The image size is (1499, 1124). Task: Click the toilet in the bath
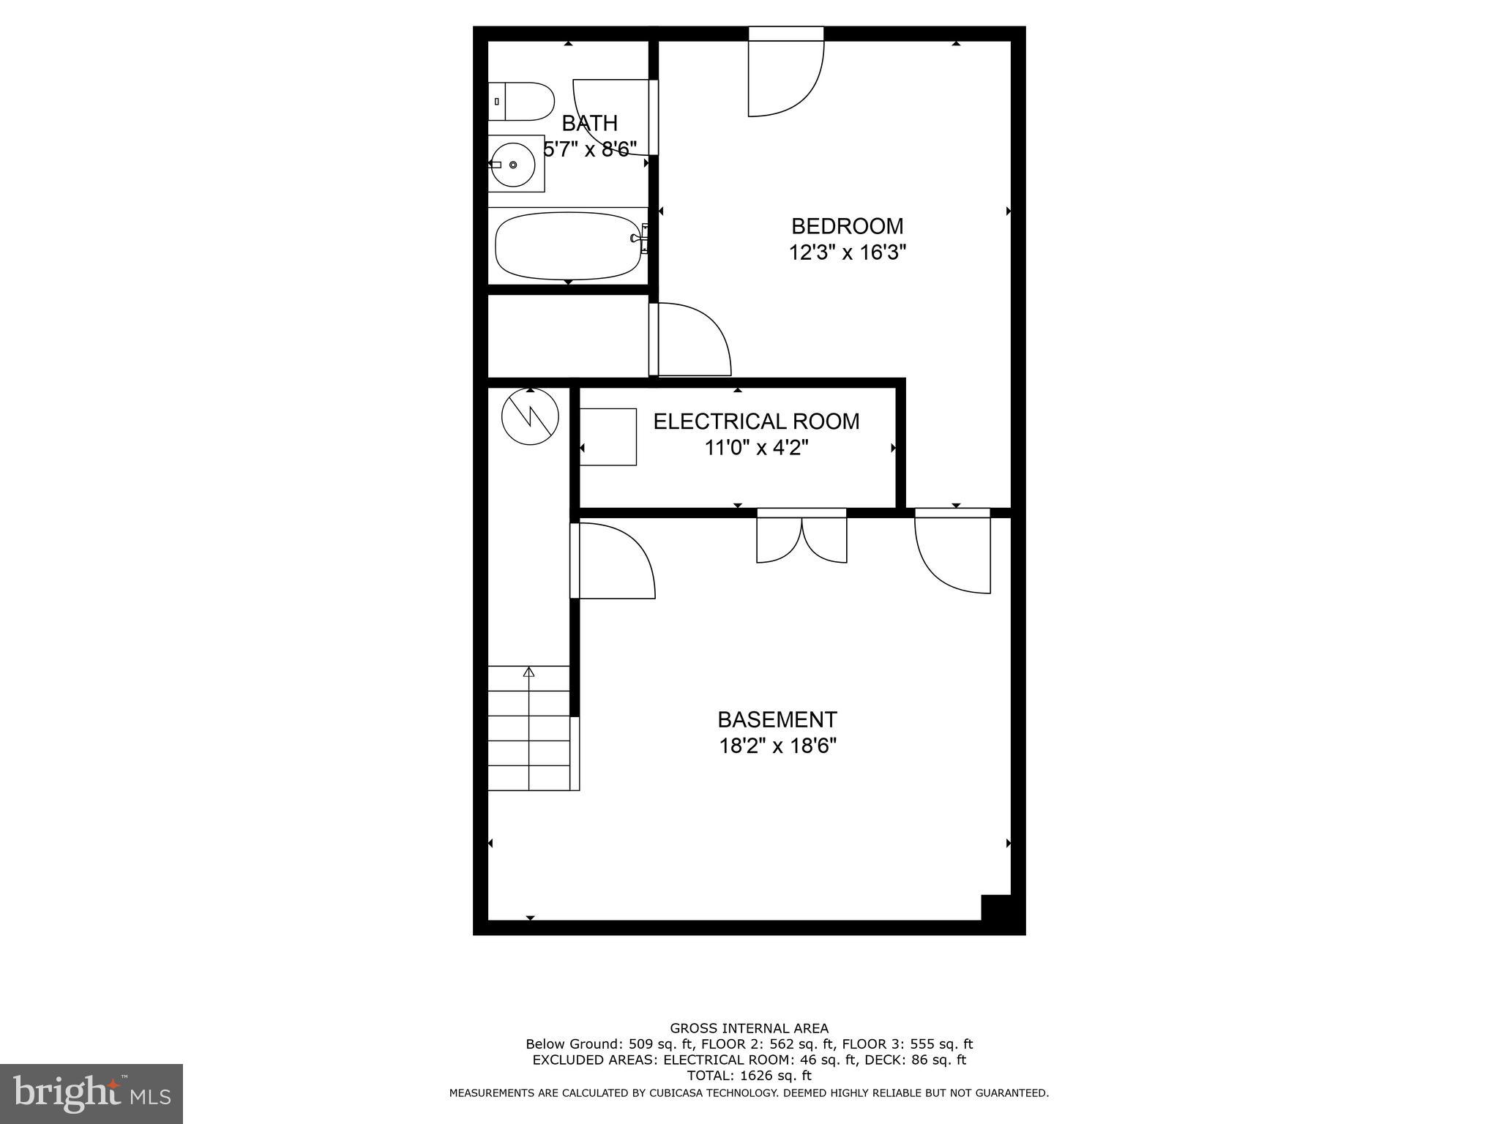pos(521,102)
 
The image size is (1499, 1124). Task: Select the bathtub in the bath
pos(568,245)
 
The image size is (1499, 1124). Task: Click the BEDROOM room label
pos(848,226)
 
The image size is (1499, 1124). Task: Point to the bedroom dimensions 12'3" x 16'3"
pos(848,253)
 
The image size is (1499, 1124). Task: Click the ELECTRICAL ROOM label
pos(756,421)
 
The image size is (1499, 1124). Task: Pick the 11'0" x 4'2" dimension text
pos(756,448)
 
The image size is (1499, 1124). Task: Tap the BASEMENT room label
pos(777,720)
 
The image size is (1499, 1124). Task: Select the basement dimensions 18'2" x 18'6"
pos(777,746)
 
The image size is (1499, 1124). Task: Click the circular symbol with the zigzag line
pos(530,416)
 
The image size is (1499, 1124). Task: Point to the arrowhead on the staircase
pos(528,672)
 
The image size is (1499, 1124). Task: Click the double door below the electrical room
pos(801,538)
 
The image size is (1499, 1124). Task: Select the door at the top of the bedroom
pos(786,73)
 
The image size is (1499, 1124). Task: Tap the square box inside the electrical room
pos(608,437)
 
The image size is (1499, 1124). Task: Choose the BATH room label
pos(590,123)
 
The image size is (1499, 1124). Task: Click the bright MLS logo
pos(91,1094)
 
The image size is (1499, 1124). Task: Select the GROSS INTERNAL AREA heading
pos(749,1029)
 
